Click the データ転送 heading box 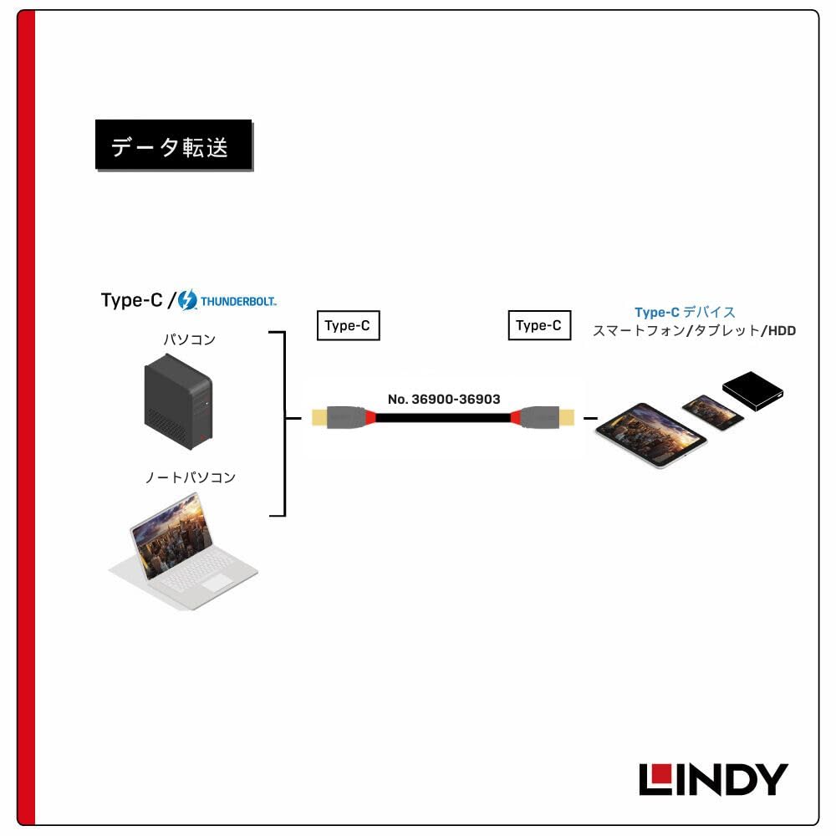[x=173, y=146]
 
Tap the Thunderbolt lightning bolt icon [x=187, y=299]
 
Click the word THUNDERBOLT [x=237, y=300]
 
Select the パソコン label [x=189, y=339]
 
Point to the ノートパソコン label [x=190, y=478]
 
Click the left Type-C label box [x=348, y=325]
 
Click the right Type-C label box [x=539, y=325]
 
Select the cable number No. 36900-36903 [x=444, y=399]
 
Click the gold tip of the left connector [x=319, y=415]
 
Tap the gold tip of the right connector [x=569, y=415]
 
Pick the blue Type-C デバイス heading [x=685, y=312]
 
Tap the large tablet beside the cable [x=650, y=433]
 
